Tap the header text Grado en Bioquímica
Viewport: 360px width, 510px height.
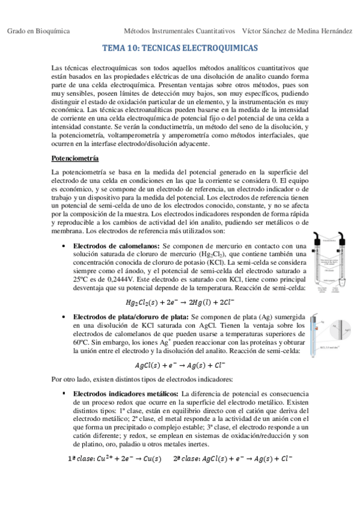point(38,30)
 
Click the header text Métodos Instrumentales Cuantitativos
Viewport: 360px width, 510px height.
point(179,30)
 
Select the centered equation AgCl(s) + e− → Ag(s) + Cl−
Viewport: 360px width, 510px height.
point(180,365)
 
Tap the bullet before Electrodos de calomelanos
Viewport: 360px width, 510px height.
point(64,247)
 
